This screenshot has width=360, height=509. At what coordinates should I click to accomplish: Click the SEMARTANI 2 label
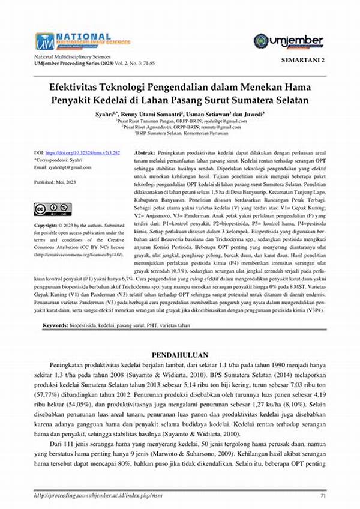(302, 61)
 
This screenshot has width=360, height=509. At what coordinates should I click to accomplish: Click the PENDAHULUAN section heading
(179, 354)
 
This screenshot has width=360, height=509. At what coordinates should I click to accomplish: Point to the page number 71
(323, 496)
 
